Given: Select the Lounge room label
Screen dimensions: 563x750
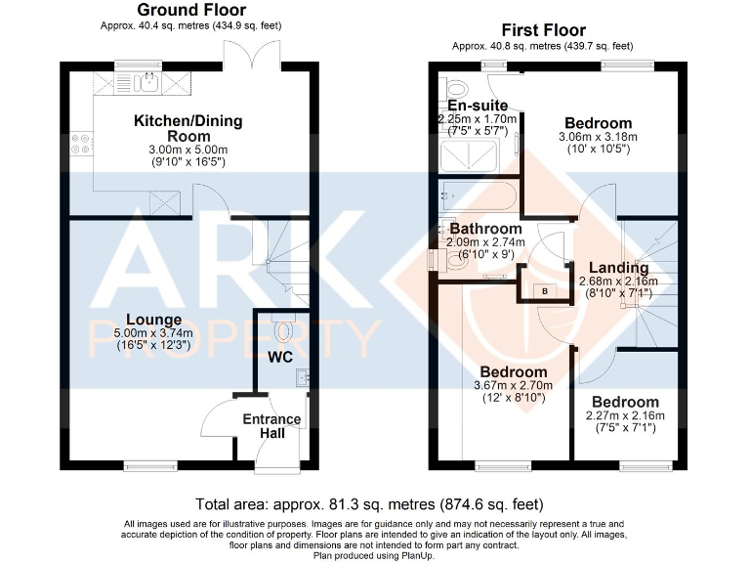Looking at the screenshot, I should tap(152, 320).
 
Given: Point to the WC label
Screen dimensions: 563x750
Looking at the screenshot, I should tap(281, 358).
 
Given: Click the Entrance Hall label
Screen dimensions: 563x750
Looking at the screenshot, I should tap(271, 426).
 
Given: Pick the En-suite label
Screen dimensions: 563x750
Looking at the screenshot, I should tap(478, 106).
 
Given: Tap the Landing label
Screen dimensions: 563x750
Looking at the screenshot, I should tap(619, 268).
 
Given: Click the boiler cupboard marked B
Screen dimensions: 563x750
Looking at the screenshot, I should tap(544, 290).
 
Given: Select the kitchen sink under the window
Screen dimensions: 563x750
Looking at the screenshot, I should tap(149, 81).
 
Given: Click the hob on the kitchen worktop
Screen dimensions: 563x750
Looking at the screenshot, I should tap(80, 145).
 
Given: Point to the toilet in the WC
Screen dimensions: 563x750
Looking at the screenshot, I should tap(284, 330).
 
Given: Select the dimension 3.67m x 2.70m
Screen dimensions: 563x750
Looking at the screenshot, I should tap(513, 385).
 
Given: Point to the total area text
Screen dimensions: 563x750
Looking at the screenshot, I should tap(369, 505).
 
